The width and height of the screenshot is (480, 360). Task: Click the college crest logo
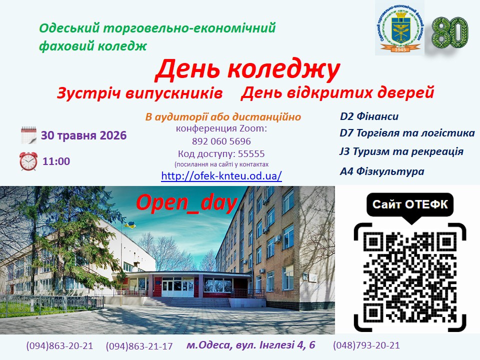point(400,28)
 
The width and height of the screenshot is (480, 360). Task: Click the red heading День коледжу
point(247,70)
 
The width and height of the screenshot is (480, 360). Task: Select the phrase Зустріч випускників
point(139,93)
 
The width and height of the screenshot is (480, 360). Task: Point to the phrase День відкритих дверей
point(337,92)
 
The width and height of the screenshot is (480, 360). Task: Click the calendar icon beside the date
point(28,135)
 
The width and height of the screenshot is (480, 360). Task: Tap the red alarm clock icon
point(28,161)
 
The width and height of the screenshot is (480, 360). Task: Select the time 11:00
point(56,161)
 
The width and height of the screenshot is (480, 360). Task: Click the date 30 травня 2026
point(84,135)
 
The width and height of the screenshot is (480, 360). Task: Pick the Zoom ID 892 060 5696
point(221,141)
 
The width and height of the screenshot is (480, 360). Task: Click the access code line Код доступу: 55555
point(221,153)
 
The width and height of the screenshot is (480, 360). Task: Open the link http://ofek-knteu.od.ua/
point(221,175)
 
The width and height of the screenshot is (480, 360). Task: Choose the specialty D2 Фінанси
point(369,116)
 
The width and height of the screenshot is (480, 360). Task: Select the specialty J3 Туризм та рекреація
point(401,151)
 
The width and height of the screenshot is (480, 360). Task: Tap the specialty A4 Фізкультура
point(382,171)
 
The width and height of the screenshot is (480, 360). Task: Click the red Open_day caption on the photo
point(187,202)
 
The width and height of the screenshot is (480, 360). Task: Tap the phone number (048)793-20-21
point(366,345)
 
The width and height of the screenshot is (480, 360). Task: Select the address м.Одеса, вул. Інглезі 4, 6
point(250,345)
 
